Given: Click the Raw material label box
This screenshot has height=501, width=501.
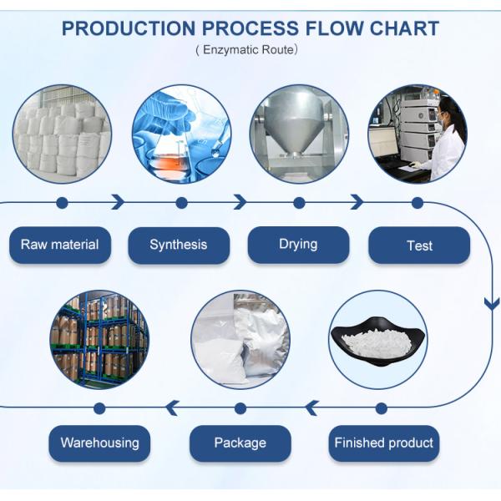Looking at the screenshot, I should (60, 245).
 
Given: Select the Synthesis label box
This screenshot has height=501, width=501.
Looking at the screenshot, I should (179, 245).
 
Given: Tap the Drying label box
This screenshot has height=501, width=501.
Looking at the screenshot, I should (298, 245).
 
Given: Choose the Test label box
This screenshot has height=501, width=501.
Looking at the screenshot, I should (419, 245).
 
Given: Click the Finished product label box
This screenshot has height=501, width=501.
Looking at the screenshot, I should (384, 443).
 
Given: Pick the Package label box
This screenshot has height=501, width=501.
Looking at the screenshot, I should (240, 443).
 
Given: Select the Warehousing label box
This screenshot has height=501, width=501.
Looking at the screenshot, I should (99, 443).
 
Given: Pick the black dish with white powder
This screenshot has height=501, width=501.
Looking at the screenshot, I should (378, 340).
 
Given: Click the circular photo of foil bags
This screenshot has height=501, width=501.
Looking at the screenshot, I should (240, 340).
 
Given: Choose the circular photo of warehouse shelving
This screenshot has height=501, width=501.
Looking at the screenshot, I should (99, 340).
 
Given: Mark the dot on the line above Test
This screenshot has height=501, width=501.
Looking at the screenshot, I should (417, 203).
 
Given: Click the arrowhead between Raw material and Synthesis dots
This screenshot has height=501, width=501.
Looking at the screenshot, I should (119, 203).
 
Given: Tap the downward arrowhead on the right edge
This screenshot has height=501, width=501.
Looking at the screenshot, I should (493, 303).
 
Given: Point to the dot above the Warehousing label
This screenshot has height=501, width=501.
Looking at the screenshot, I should (99, 408).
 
